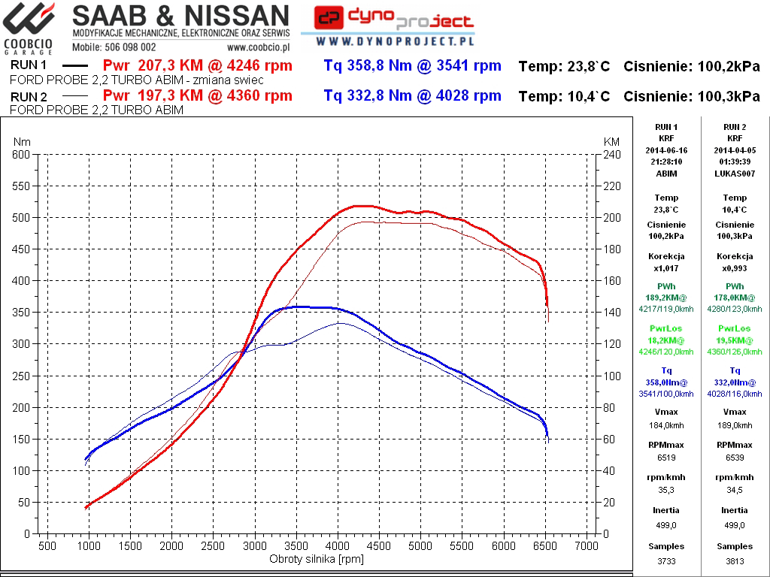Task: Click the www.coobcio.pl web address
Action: tap(259, 46)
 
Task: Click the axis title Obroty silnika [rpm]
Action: tap(317, 560)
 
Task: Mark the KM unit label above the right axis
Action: tap(611, 142)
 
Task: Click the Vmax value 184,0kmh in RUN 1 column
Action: tap(666, 425)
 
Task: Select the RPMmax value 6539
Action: tap(735, 457)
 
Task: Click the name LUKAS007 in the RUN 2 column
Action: tap(735, 174)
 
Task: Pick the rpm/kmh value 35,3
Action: tap(666, 490)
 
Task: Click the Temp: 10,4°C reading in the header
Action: tap(564, 96)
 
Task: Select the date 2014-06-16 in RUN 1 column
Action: tap(666, 150)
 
